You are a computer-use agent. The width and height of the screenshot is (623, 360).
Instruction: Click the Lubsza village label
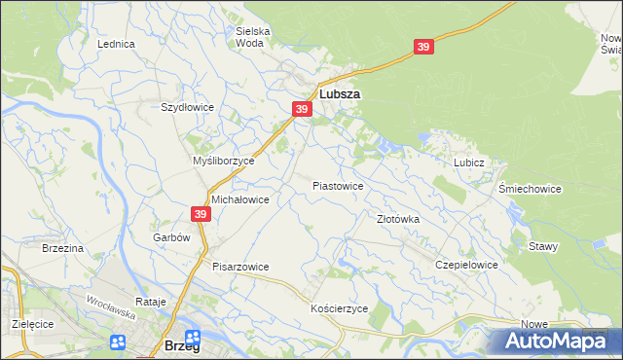pyautogui.click(x=340, y=95)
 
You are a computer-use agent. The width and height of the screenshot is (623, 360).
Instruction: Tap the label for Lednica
pyautogui.click(x=116, y=45)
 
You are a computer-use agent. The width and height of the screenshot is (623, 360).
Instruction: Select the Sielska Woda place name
pyautogui.click(x=253, y=37)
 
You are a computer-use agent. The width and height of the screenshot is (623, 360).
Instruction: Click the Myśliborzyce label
pyautogui.click(x=223, y=161)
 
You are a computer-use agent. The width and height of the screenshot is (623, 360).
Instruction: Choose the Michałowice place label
pyautogui.click(x=239, y=198)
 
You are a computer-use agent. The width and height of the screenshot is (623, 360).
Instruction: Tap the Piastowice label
pyautogui.click(x=338, y=186)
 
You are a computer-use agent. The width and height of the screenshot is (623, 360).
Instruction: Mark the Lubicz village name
pyautogui.click(x=468, y=162)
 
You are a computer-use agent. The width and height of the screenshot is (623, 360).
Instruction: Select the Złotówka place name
pyautogui.click(x=397, y=220)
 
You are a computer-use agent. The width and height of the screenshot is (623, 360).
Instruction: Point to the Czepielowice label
pyautogui.click(x=466, y=265)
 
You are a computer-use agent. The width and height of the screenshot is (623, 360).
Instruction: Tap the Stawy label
pyautogui.click(x=543, y=247)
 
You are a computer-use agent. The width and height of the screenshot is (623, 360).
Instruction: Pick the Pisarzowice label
pyautogui.click(x=240, y=267)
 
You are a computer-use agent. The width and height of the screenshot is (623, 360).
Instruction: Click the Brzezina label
pyautogui.click(x=62, y=249)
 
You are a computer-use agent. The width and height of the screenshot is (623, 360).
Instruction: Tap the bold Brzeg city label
pyautogui.click(x=182, y=346)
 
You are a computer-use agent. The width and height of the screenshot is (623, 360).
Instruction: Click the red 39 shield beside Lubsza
pyautogui.click(x=302, y=110)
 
